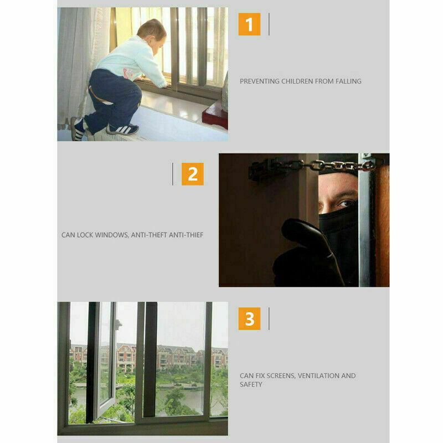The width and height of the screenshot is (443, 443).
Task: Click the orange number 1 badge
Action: click(249, 24)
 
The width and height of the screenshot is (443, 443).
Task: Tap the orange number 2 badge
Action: click(192, 174)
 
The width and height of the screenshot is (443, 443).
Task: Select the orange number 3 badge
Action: click(249, 318)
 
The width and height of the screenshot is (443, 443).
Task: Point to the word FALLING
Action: click(348, 81)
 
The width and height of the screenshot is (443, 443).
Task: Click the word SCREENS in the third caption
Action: click(281, 376)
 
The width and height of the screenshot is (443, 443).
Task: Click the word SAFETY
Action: click(251, 384)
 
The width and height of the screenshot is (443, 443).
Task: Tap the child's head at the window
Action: click(152, 34)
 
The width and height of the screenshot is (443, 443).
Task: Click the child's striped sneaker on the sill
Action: click(122, 129)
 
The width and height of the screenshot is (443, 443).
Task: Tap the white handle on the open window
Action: click(119, 324)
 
